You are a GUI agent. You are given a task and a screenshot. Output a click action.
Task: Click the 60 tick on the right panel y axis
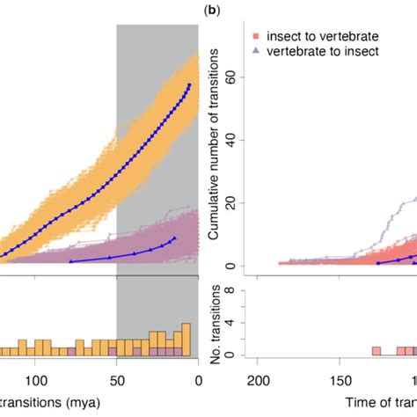pos(230,77)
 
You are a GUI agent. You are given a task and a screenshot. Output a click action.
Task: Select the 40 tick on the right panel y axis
pos(230,140)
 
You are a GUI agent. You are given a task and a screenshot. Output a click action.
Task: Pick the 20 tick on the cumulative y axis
pos(230,202)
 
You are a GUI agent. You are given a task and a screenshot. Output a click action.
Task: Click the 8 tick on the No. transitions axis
pos(230,289)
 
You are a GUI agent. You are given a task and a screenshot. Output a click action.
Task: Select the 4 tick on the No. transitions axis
pos(230,322)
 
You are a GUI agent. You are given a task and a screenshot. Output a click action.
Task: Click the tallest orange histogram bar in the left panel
pos(186,339)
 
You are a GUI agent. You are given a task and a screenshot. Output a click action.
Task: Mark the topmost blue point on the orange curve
pos(189,85)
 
